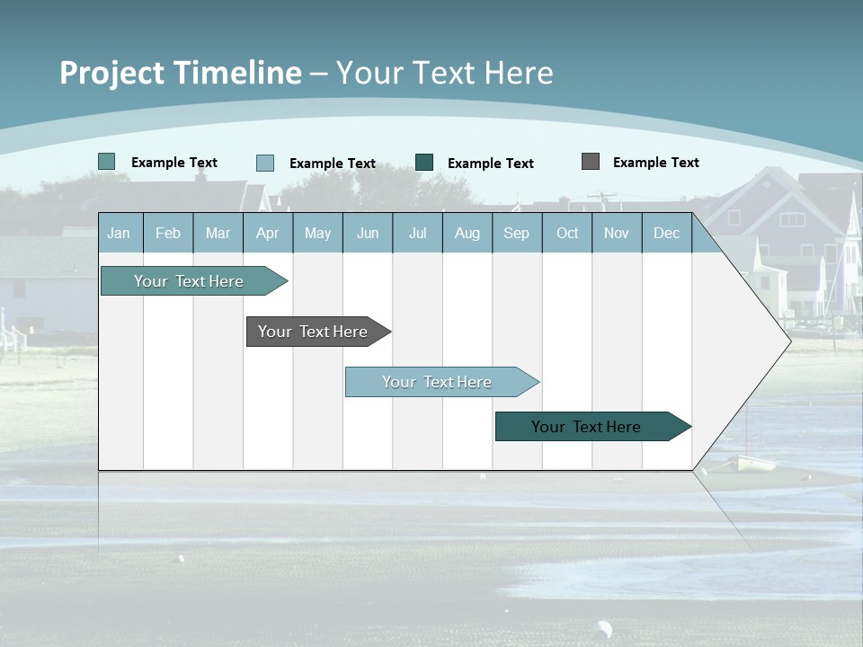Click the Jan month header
(x=119, y=233)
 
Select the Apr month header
(x=267, y=233)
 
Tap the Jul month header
(x=417, y=233)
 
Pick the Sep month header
(x=516, y=233)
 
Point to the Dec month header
(x=666, y=233)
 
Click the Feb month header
(x=168, y=233)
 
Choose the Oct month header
(x=567, y=233)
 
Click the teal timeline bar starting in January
(x=189, y=281)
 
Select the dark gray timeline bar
(x=313, y=332)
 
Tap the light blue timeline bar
(x=437, y=382)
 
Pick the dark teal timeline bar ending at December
(x=586, y=427)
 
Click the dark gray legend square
(x=591, y=162)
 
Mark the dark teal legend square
(x=424, y=163)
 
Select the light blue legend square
(x=265, y=163)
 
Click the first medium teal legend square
(x=107, y=162)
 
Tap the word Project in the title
(x=111, y=73)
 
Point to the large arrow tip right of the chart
(x=773, y=341)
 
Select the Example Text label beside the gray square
(x=655, y=162)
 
